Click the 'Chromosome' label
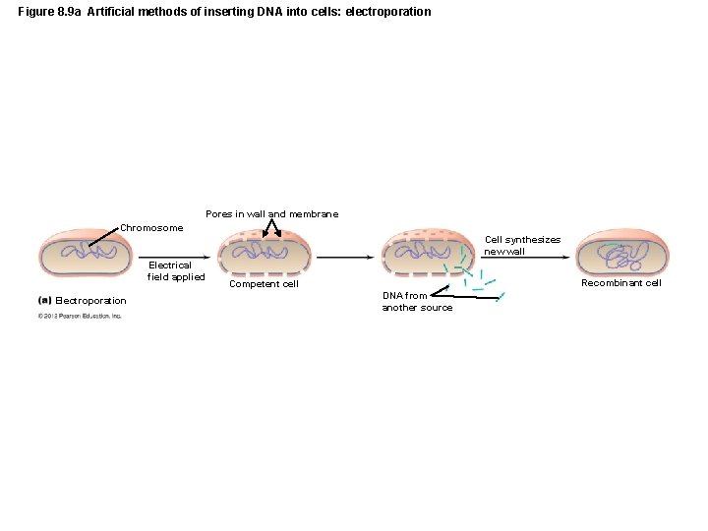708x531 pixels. pyautogui.click(x=151, y=228)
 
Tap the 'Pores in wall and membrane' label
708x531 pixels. pyautogui.click(x=271, y=214)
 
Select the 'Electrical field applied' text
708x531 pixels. pyautogui.click(x=176, y=271)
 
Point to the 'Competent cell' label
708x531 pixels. pyautogui.click(x=264, y=284)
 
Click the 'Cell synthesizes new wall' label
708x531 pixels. pyautogui.click(x=522, y=245)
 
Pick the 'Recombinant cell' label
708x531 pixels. pyautogui.click(x=621, y=283)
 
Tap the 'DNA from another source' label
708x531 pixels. pyautogui.click(x=417, y=301)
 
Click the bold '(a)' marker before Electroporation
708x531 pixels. pyautogui.click(x=44, y=300)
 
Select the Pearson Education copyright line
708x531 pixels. pyautogui.click(x=80, y=316)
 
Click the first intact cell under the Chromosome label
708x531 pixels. pyautogui.click(x=97, y=253)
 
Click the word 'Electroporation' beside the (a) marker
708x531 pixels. pyautogui.click(x=91, y=301)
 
